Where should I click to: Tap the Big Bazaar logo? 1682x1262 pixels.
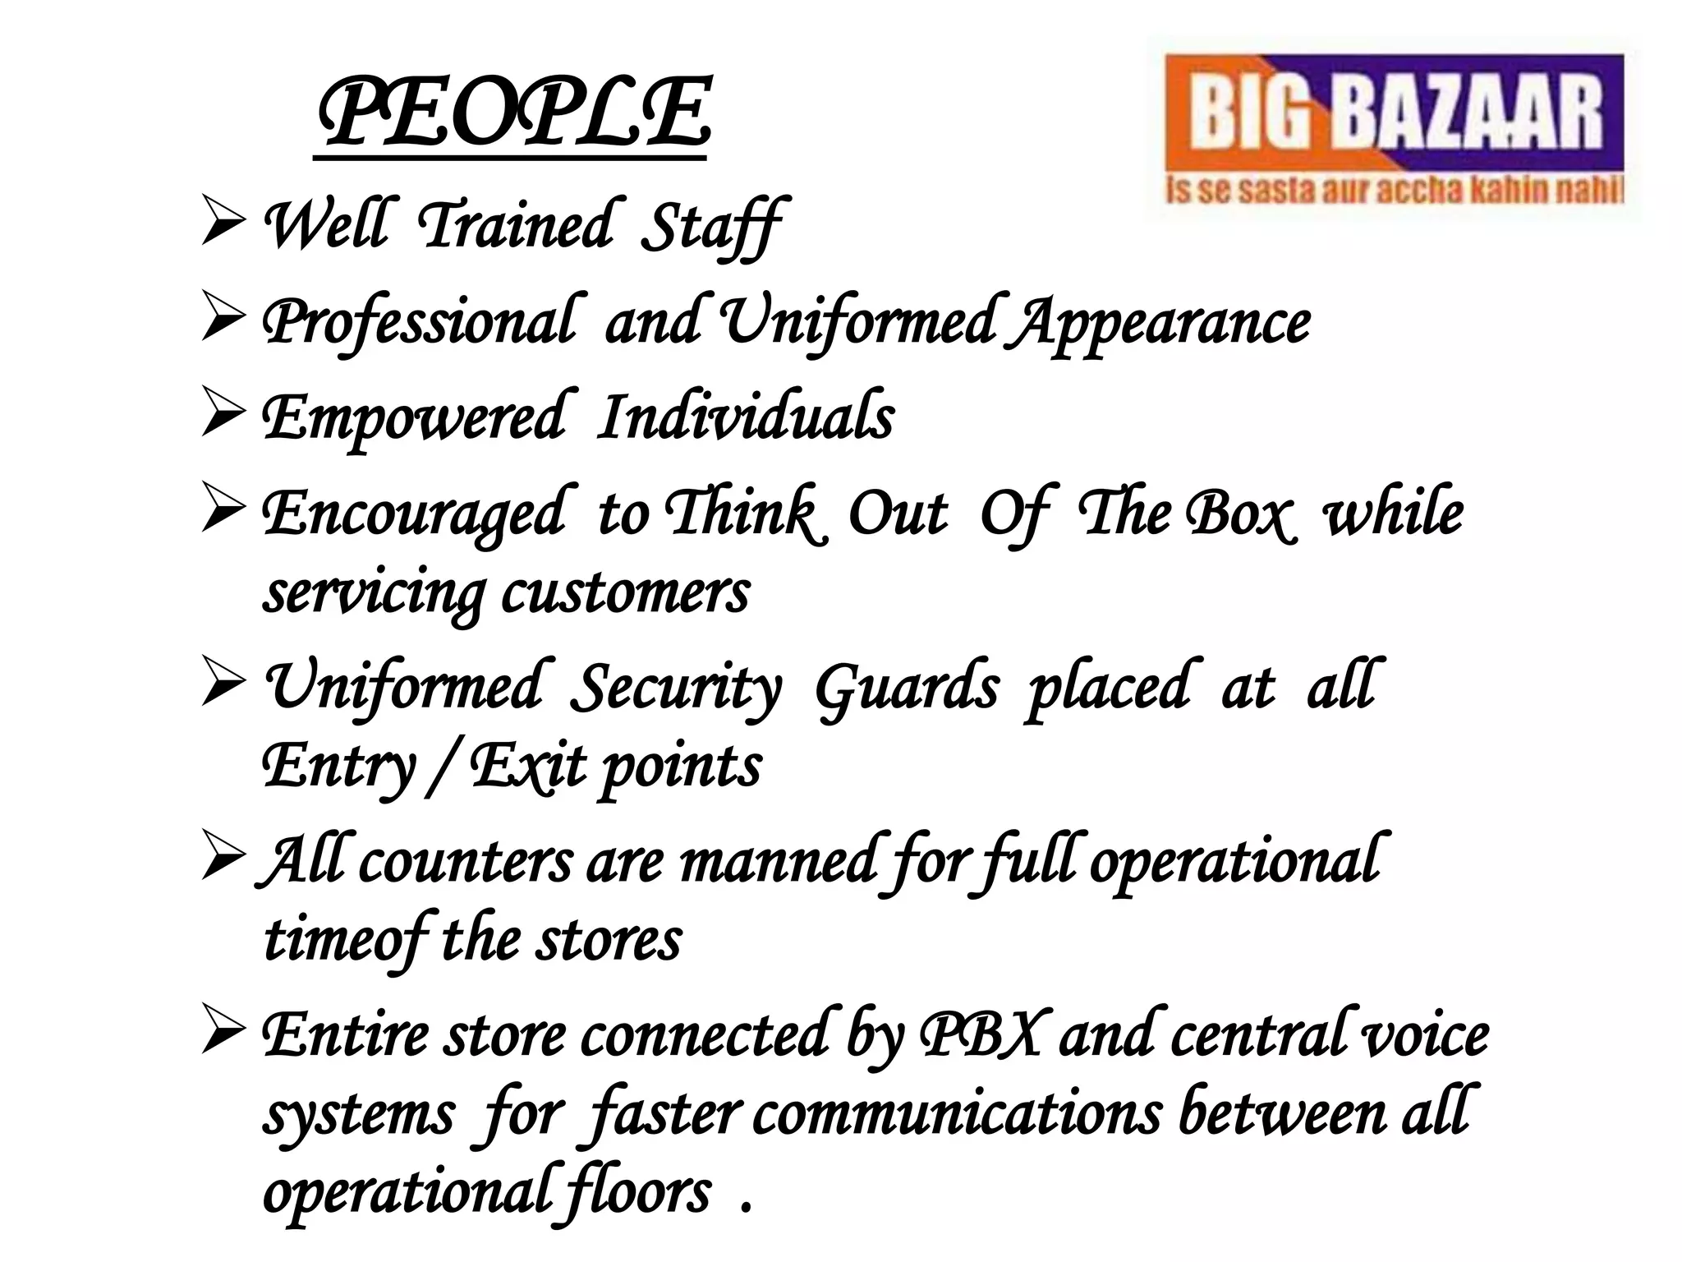coord(1393,131)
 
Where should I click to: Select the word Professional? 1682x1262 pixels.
coord(418,322)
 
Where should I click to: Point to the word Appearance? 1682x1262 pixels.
coord(1160,322)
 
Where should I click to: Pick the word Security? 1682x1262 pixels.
coord(675,687)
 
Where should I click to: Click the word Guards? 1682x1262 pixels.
coord(906,687)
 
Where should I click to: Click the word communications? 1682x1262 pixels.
coord(957,1113)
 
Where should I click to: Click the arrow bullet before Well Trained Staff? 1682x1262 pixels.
coord(223,223)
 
